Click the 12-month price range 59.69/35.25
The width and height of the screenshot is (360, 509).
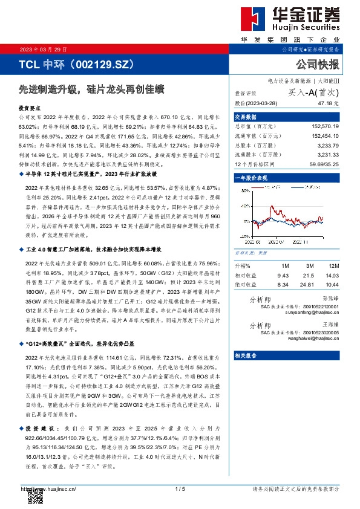[x=325, y=164]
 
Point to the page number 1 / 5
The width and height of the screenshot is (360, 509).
[x=180, y=488]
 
